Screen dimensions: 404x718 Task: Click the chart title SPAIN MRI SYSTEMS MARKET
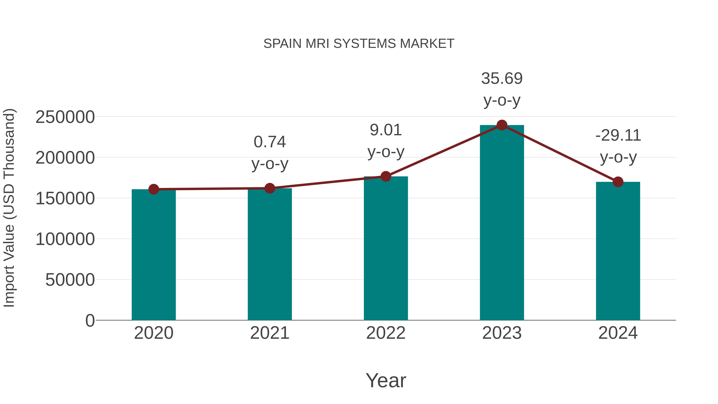[359, 44]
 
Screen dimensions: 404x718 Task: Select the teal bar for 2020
[154, 255]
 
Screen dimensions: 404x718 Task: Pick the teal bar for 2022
[386, 248]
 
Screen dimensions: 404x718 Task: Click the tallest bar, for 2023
[502, 223]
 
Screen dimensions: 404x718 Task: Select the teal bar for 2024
[618, 251]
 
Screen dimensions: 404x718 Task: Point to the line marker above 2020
[154, 189]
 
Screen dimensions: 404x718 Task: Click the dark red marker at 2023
[502, 125]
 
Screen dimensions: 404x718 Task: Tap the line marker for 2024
[618, 182]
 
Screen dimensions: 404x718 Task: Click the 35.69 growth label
[502, 79]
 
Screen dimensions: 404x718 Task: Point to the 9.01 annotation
[386, 130]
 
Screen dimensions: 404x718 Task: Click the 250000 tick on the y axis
[65, 117]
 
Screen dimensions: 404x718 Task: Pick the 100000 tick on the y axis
[65, 239]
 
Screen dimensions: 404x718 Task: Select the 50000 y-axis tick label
[70, 280]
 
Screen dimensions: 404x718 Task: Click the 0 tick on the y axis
[90, 321]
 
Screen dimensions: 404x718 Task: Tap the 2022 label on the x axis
[386, 333]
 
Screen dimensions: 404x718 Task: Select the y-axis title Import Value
[9, 208]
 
